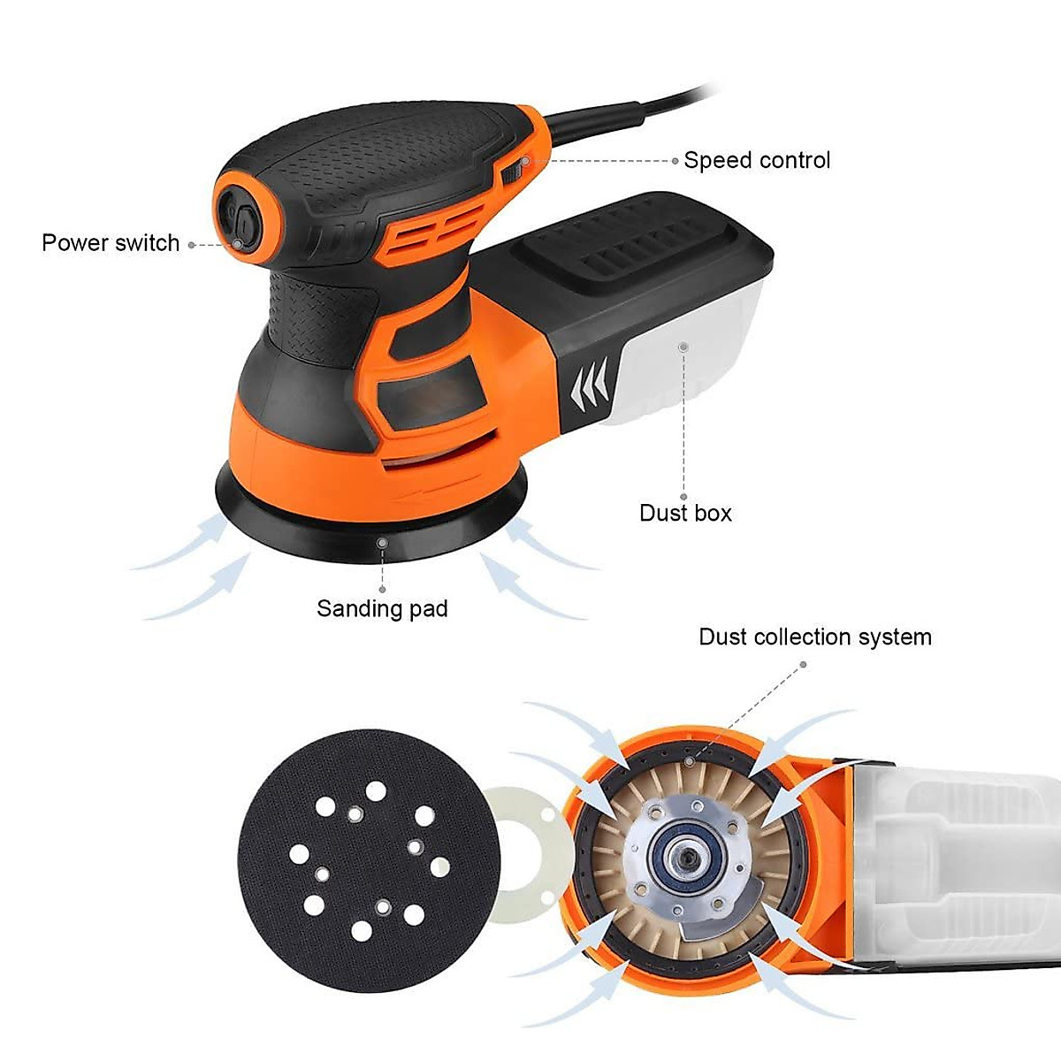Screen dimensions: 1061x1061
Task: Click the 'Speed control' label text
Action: click(x=757, y=160)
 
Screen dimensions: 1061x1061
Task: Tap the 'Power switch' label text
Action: click(x=111, y=243)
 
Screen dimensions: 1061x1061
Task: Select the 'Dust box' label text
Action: click(x=685, y=513)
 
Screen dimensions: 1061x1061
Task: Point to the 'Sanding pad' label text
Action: click(x=382, y=608)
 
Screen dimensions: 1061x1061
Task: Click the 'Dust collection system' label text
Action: click(x=814, y=637)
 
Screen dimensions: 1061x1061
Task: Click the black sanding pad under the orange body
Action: click(x=371, y=522)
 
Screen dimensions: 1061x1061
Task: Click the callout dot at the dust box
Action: click(x=683, y=347)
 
